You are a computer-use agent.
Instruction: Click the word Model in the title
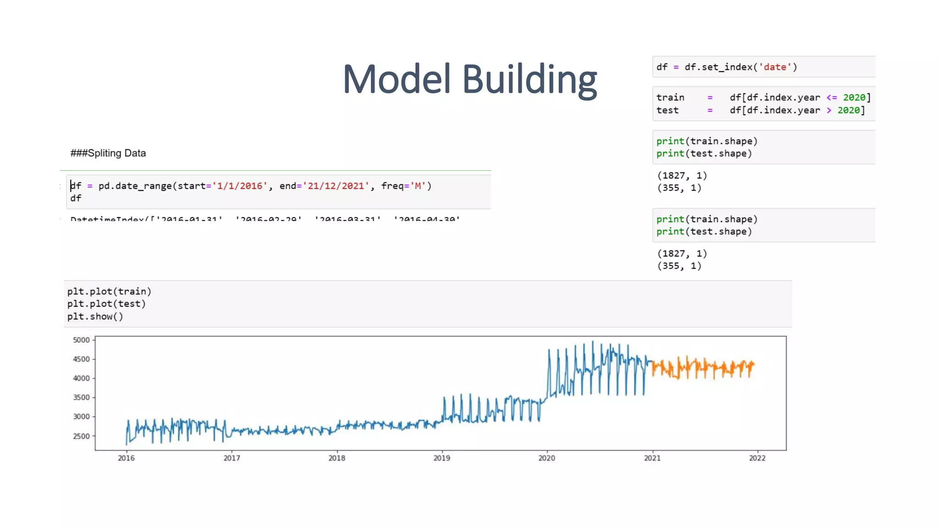pyautogui.click(x=397, y=79)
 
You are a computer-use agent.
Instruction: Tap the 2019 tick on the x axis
pyautogui.click(x=442, y=458)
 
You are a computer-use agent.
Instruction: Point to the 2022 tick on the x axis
pyautogui.click(x=757, y=458)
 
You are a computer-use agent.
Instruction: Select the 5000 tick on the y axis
pyautogui.click(x=81, y=340)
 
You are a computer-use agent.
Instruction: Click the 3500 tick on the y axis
pyautogui.click(x=81, y=397)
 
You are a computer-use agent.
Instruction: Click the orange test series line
pyautogui.click(x=702, y=368)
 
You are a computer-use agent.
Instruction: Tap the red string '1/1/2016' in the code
pyautogui.click(x=239, y=186)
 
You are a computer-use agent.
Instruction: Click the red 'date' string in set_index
pyautogui.click(x=775, y=67)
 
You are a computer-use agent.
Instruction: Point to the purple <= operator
pyautogui.click(x=832, y=97)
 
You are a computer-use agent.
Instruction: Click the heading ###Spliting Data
pyautogui.click(x=108, y=153)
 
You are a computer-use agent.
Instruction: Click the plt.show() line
pyautogui.click(x=95, y=316)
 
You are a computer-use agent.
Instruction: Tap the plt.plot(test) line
pyautogui.click(x=106, y=304)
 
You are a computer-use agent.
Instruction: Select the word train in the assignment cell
pyautogui.click(x=670, y=97)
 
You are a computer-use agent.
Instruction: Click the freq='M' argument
pyautogui.click(x=406, y=186)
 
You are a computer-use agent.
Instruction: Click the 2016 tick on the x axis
pyautogui.click(x=126, y=458)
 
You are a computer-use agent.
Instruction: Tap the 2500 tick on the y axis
pyautogui.click(x=81, y=436)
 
